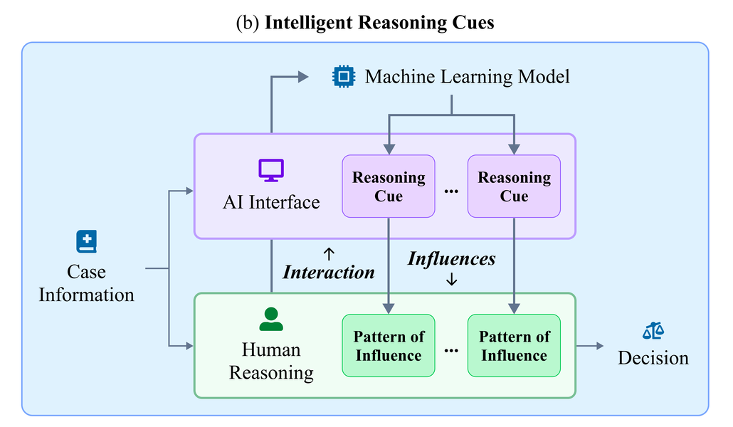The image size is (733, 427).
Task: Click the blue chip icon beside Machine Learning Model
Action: point(343,76)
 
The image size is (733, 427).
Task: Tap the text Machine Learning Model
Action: point(467,77)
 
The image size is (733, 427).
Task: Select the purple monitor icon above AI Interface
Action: point(270,170)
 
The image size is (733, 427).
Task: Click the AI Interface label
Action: point(271,202)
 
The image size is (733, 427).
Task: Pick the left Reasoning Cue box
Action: point(389,186)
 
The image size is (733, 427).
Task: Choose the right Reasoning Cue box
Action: point(514,186)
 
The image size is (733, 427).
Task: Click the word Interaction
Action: point(329,272)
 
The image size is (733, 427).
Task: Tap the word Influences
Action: point(451,258)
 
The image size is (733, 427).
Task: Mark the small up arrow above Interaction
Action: point(329,252)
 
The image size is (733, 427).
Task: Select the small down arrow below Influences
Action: point(451,280)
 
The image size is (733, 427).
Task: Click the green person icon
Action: point(270,319)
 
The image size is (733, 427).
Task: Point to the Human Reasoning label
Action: point(271,361)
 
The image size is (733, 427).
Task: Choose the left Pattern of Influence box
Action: point(389,346)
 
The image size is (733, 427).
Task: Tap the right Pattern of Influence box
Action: point(514,346)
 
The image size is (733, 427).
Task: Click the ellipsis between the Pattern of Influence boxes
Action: point(451,350)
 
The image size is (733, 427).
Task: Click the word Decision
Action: point(653,358)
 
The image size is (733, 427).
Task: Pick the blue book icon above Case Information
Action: point(86,242)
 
